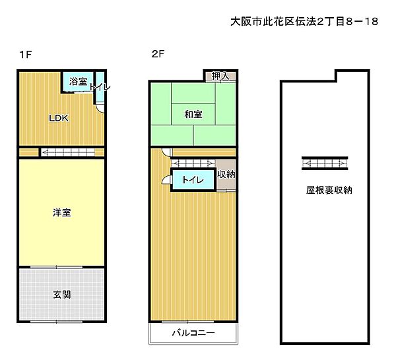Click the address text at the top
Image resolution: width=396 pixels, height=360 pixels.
(304, 22)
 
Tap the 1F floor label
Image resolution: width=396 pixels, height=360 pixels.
(25, 55)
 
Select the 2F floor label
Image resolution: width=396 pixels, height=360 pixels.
(157, 55)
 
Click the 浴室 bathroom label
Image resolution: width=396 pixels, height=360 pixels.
(78, 82)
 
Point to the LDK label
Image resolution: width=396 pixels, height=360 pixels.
(59, 119)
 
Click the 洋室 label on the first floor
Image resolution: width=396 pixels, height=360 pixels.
(62, 212)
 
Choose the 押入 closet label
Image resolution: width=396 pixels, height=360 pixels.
(220, 76)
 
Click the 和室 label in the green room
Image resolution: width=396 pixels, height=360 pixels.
(193, 115)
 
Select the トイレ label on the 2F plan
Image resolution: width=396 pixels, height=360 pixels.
(192, 179)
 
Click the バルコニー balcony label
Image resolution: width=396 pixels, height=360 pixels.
(193, 333)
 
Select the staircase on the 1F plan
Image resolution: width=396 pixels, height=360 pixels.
(70, 153)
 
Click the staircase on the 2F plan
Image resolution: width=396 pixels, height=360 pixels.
(191, 163)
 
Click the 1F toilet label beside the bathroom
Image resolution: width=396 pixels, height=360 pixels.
(100, 86)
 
